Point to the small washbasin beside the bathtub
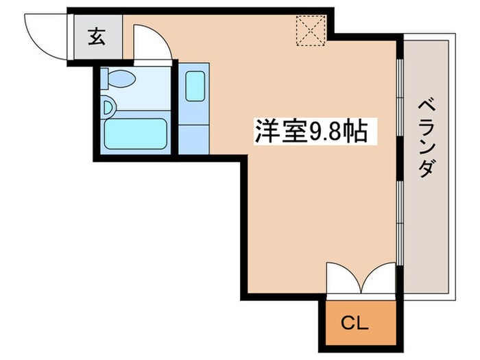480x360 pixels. click(x=108, y=108)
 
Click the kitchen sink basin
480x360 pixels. click(x=195, y=86)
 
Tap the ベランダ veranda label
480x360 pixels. click(x=426, y=137)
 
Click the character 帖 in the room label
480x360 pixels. click(x=359, y=131)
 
